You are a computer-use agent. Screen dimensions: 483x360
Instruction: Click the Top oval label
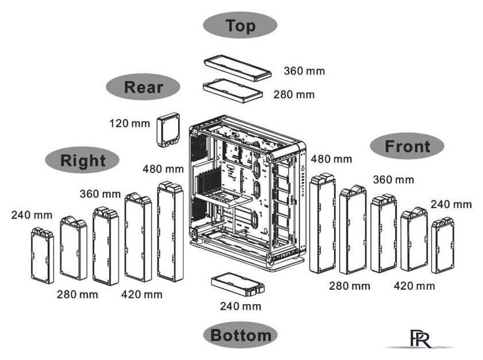coord(240,25)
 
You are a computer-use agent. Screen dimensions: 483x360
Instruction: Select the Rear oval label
coord(143,86)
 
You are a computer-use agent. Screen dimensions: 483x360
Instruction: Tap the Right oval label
coord(82,160)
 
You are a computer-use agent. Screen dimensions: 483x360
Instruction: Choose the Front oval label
coord(407,146)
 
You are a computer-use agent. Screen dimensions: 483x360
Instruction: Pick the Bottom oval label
coord(240,335)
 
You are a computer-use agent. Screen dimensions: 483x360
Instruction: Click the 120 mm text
coord(130,124)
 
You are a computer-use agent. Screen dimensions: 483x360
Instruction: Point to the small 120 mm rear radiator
coord(168,131)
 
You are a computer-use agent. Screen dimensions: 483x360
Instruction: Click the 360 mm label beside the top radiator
coord(304,71)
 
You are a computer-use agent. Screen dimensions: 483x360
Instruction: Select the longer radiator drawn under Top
coord(237,67)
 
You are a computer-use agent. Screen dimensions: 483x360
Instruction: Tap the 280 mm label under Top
coord(294,94)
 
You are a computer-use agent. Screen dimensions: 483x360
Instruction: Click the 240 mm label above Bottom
coord(240,306)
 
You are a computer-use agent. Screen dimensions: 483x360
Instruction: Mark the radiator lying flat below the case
coord(238,285)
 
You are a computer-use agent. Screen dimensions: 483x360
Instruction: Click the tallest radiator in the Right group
coord(170,232)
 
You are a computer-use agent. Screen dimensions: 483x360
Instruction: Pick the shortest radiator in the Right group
coord(43,255)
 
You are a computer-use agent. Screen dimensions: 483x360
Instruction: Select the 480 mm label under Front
coord(331,159)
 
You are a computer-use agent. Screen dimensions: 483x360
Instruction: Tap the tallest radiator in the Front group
coord(323,223)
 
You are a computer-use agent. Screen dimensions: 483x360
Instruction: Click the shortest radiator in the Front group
coord(443,246)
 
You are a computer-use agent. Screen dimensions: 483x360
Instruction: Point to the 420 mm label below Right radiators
coord(141,294)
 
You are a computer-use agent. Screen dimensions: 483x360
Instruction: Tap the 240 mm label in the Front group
coord(451,205)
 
